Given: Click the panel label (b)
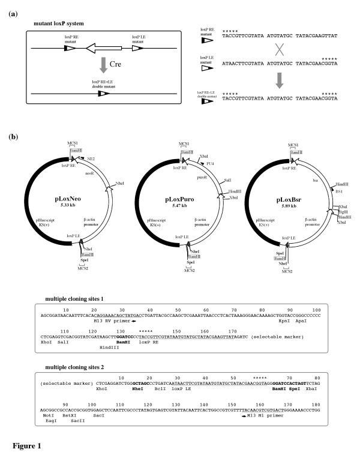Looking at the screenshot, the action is point(13,137).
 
